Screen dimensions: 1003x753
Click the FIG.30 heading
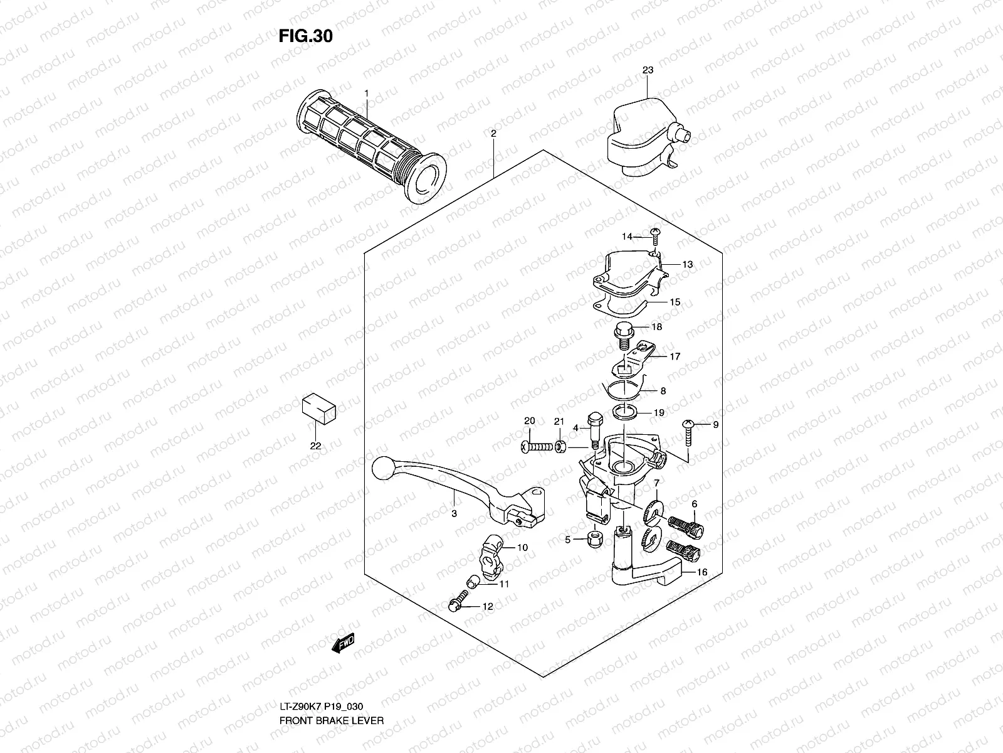(x=306, y=36)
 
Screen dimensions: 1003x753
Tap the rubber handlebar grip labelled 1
(x=371, y=146)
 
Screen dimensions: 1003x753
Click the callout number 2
(x=493, y=134)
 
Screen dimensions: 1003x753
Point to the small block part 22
(x=319, y=409)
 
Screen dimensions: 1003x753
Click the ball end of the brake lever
(x=384, y=467)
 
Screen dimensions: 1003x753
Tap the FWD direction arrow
(x=343, y=643)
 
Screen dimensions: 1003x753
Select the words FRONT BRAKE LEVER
(x=331, y=720)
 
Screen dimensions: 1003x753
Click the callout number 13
(x=687, y=264)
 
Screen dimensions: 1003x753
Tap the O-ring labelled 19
(x=625, y=412)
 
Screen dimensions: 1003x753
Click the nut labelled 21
(x=560, y=447)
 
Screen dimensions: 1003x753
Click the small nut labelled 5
(x=594, y=540)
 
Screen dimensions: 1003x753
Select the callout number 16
(x=702, y=572)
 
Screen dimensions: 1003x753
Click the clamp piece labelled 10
(x=491, y=557)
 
